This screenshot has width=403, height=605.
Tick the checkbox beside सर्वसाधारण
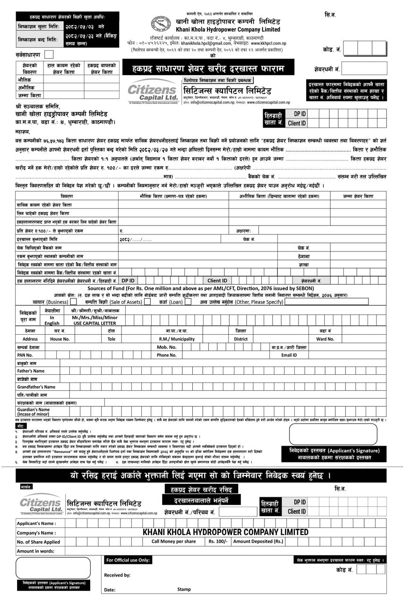49,55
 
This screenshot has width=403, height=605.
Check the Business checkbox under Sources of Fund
74,302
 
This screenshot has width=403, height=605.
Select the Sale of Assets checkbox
147,302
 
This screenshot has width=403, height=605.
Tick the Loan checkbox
188,302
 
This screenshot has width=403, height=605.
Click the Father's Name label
31,371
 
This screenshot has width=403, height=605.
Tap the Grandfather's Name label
36,387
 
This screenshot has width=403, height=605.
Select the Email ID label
289,354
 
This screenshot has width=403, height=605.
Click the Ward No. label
325,339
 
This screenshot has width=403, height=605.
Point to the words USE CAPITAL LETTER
94,323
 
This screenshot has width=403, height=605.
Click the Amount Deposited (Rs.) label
258,541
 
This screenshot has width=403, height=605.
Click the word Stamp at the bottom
184,589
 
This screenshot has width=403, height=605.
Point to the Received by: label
117,575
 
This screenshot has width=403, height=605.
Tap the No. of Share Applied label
38,542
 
